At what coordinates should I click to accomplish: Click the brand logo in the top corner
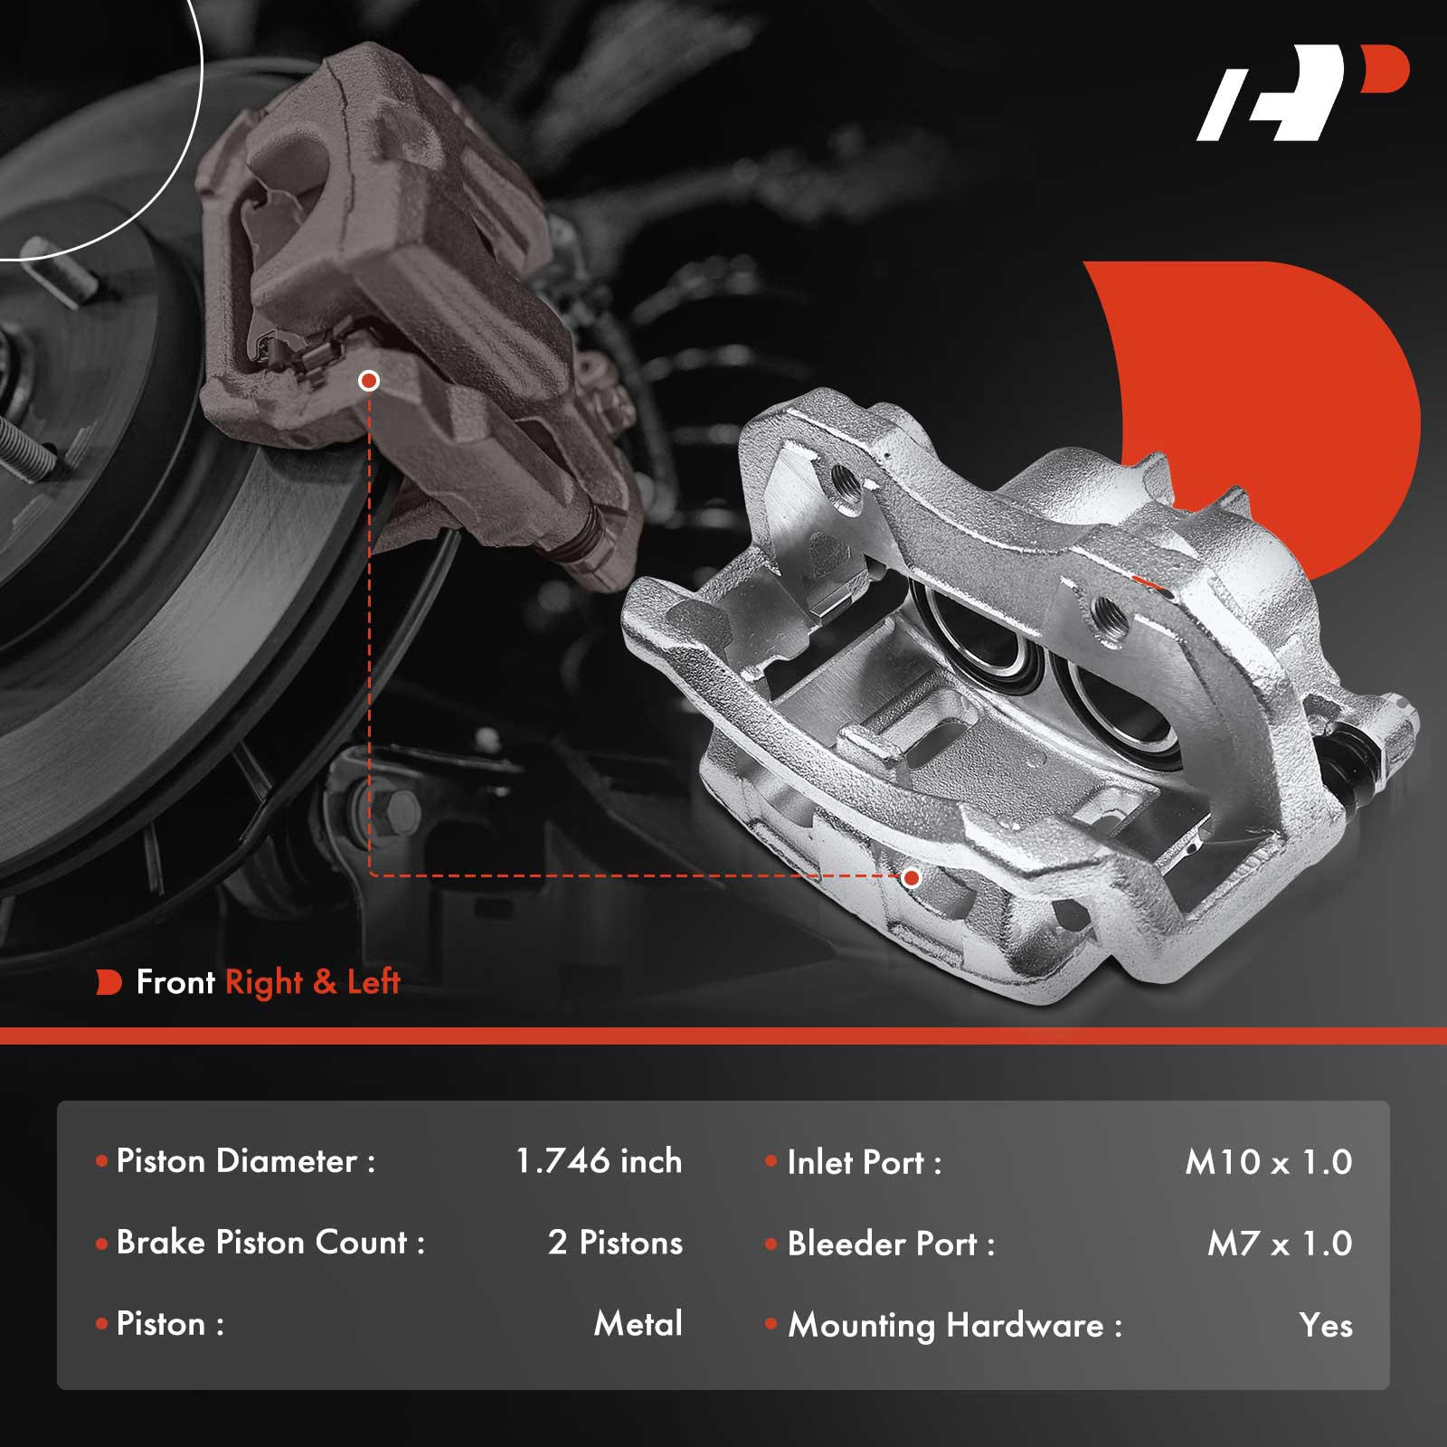1302,93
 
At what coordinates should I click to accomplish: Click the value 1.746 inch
599,1161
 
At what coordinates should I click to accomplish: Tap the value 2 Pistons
615,1243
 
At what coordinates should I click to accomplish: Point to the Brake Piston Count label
270,1243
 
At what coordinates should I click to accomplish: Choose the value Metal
638,1324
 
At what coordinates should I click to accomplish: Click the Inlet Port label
865,1162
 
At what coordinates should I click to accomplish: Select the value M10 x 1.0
1269,1162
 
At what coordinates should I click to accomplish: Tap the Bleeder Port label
891,1244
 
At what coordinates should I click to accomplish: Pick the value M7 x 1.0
1280,1244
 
